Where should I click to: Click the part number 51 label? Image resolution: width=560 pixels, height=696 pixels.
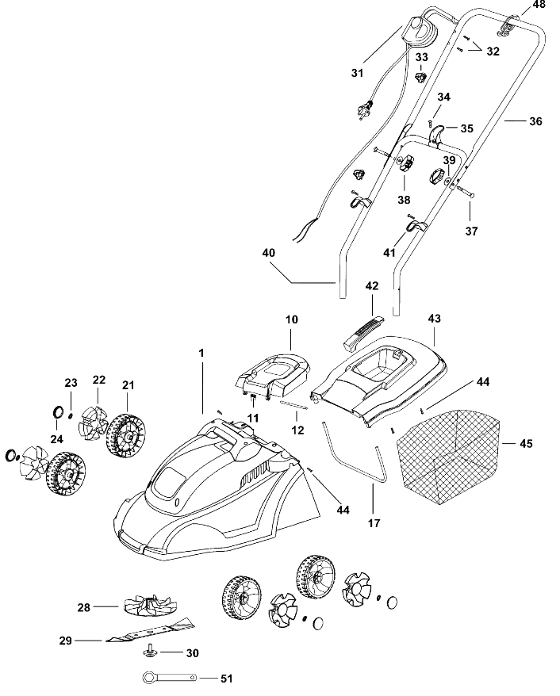[226, 679]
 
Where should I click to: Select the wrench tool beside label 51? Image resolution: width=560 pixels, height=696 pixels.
[169, 678]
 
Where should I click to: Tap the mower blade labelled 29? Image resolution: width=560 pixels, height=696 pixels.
[150, 630]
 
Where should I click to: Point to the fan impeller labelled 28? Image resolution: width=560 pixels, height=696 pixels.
[150, 606]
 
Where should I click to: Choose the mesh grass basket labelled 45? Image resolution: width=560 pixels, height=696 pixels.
[448, 458]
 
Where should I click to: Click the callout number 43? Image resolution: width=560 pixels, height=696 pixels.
[435, 318]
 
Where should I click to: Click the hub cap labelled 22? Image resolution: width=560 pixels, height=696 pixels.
[93, 423]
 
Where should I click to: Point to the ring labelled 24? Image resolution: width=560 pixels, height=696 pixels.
[58, 411]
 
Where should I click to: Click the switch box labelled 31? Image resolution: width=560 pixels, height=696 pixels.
[420, 31]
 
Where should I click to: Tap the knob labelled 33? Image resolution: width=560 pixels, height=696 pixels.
[420, 77]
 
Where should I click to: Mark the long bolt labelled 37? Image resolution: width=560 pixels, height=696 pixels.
[463, 192]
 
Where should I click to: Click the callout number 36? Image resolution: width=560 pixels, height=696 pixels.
[535, 121]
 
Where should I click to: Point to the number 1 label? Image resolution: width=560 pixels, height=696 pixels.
[201, 353]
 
